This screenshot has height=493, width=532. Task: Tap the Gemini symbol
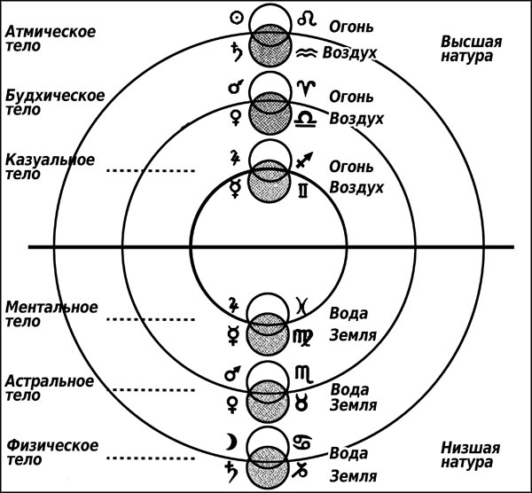tap(305, 189)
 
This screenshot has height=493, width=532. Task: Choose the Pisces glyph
tap(304, 304)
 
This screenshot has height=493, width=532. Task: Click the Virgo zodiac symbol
tap(307, 336)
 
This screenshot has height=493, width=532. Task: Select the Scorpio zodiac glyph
tap(306, 375)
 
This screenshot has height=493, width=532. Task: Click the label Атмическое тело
tap(51, 41)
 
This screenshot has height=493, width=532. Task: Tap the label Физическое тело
tap(51, 452)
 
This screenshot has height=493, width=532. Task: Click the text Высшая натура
tap(472, 50)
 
